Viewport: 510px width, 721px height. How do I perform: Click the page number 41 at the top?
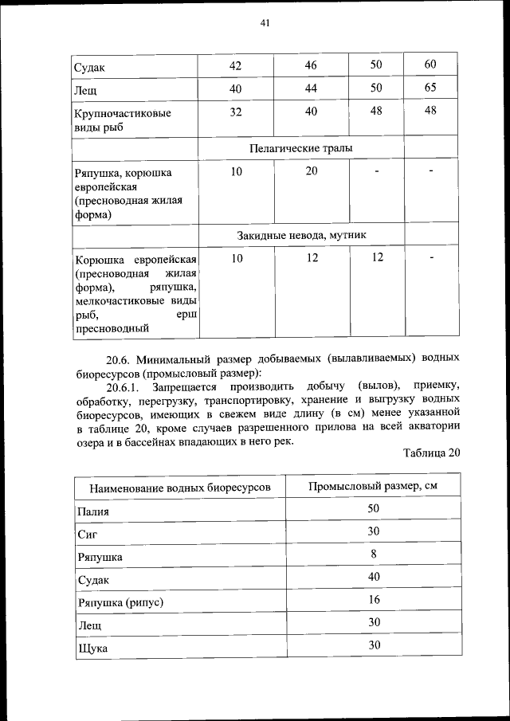(x=265, y=23)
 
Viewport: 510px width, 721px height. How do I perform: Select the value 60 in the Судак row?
(x=430, y=65)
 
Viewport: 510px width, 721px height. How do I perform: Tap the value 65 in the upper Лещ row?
(x=430, y=88)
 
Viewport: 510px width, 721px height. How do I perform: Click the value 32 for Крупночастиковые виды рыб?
(x=236, y=112)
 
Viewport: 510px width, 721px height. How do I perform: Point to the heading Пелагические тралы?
(x=300, y=147)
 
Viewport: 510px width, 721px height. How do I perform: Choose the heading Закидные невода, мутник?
(x=300, y=235)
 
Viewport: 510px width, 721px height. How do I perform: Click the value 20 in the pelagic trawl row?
(x=311, y=171)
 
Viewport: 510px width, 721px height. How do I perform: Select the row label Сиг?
(x=86, y=535)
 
